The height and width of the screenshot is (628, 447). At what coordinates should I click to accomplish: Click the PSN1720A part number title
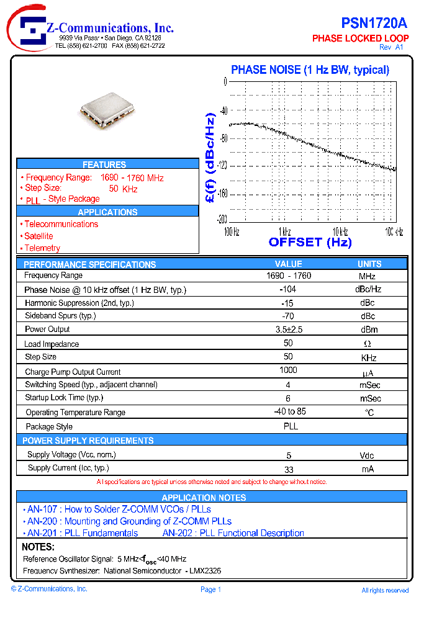tap(374, 24)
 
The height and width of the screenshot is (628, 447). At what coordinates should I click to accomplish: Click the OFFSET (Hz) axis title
tap(310, 243)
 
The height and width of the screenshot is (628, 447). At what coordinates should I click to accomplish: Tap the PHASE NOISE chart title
tap(310, 70)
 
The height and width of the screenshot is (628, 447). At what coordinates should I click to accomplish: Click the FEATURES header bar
tap(104, 164)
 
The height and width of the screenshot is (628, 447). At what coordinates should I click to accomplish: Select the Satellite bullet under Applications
tap(38, 236)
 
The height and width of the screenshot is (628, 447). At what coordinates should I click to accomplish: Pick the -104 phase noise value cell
tap(288, 289)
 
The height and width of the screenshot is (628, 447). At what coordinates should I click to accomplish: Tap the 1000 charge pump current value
tap(288, 370)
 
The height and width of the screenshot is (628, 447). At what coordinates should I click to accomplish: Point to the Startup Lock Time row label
tap(64, 398)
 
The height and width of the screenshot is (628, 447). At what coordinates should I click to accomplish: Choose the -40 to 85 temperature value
tap(290, 411)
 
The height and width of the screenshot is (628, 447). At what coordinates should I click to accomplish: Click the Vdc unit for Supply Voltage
tap(367, 455)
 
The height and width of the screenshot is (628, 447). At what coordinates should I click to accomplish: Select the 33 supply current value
tap(289, 469)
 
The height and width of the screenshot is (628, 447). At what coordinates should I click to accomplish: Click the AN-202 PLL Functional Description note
tap(233, 533)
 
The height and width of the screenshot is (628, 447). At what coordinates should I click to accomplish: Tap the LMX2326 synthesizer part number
tap(204, 570)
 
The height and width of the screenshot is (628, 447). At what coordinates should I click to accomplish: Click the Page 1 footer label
tap(211, 590)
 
